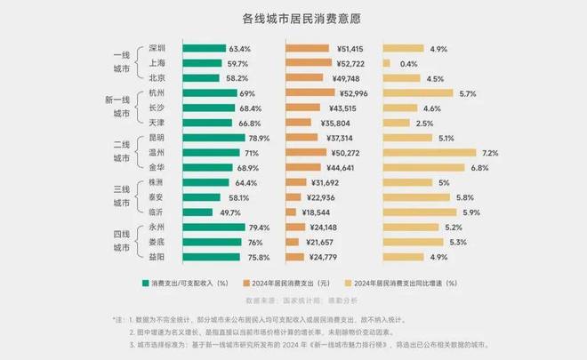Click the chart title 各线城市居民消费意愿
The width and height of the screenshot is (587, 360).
pos(294,18)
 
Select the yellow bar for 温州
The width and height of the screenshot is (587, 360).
pos(430,153)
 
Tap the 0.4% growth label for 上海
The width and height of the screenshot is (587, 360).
pos(409,63)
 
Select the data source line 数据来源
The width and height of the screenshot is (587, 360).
pos(293,300)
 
